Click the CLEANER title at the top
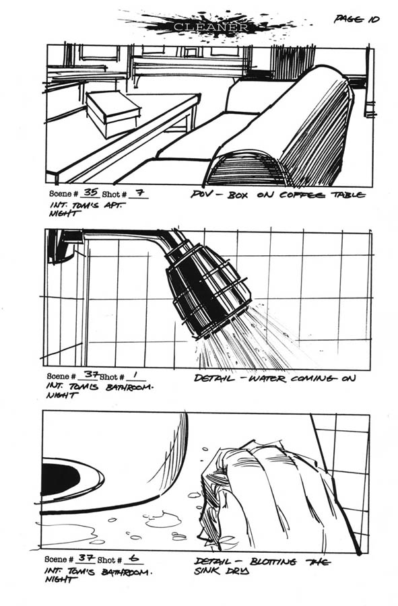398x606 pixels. coord(211,27)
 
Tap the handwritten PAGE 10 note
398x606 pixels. coord(356,19)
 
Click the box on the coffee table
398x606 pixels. coord(112,112)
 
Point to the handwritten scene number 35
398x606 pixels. coord(91,192)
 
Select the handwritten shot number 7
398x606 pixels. coord(139,192)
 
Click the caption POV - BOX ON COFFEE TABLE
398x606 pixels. coord(278,195)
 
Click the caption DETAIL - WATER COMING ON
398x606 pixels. coord(274,378)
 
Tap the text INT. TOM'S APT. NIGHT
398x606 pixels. coord(85,209)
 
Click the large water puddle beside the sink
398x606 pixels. coord(164,520)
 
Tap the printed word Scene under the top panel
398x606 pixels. coord(61,193)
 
